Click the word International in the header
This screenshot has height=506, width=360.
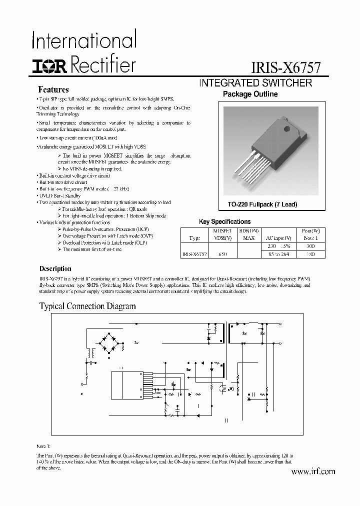[84, 39]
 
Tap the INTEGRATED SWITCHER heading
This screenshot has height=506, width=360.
[255, 83]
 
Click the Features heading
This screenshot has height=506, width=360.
[53, 90]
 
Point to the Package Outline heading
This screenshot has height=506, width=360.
[250, 94]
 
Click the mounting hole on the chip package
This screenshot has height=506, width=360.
[287, 131]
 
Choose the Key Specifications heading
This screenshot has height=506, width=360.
[225, 221]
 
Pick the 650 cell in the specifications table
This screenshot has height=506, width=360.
[222, 254]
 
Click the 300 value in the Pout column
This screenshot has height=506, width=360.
[310, 246]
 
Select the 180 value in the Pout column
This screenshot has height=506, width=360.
[310, 254]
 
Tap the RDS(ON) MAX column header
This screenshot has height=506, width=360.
[248, 235]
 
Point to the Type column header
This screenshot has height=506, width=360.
[195, 238]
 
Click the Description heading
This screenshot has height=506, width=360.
[55, 269]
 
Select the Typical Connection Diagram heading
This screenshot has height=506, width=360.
[87, 306]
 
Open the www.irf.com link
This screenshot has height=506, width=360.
[312, 471]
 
